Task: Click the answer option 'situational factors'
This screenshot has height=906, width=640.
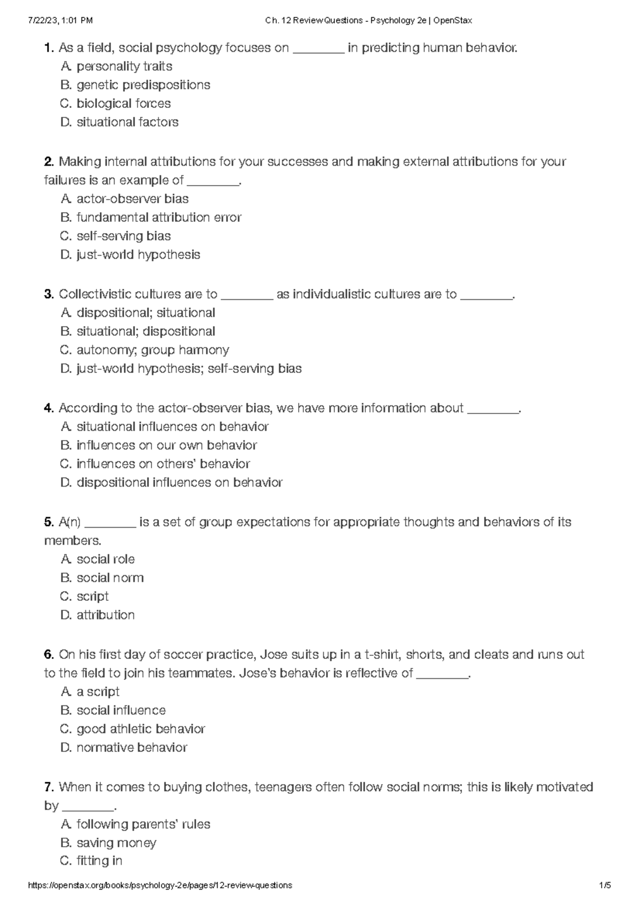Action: coord(127,122)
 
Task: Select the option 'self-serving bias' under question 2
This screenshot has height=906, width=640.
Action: coord(123,236)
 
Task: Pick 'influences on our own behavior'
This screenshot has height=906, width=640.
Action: coord(166,445)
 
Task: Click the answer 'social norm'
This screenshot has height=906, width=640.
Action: coord(110,578)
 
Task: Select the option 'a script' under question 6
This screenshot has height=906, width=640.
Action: coord(98,692)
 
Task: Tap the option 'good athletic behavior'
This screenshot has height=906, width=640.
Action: coord(141,729)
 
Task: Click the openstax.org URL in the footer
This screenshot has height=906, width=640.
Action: coord(160,885)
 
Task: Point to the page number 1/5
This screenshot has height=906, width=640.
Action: coord(605,885)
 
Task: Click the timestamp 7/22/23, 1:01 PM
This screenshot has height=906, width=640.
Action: coord(60,21)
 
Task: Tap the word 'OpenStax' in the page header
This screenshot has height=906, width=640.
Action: coord(453,21)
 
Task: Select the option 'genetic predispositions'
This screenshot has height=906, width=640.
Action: coord(143,85)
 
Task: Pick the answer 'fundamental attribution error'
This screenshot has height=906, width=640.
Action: coord(159,217)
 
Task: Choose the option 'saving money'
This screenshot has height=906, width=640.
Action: coord(116,843)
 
